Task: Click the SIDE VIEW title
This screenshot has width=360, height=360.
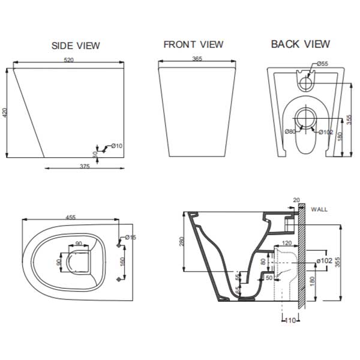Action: point(76,45)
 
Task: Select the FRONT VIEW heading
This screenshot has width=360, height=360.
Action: point(193,44)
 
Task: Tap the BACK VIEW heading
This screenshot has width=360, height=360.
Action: point(300,44)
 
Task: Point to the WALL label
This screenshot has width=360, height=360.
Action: point(320,209)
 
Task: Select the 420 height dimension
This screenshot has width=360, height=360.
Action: point(6,113)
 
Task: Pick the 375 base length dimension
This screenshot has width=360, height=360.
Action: point(84,167)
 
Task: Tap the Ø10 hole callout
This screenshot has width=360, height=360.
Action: point(116,146)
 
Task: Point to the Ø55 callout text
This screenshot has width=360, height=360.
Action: point(322,64)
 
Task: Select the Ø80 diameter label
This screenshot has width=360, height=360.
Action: point(290,131)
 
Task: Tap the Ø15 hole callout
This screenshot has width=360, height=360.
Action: point(131,238)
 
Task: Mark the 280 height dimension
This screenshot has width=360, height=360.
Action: point(181,241)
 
